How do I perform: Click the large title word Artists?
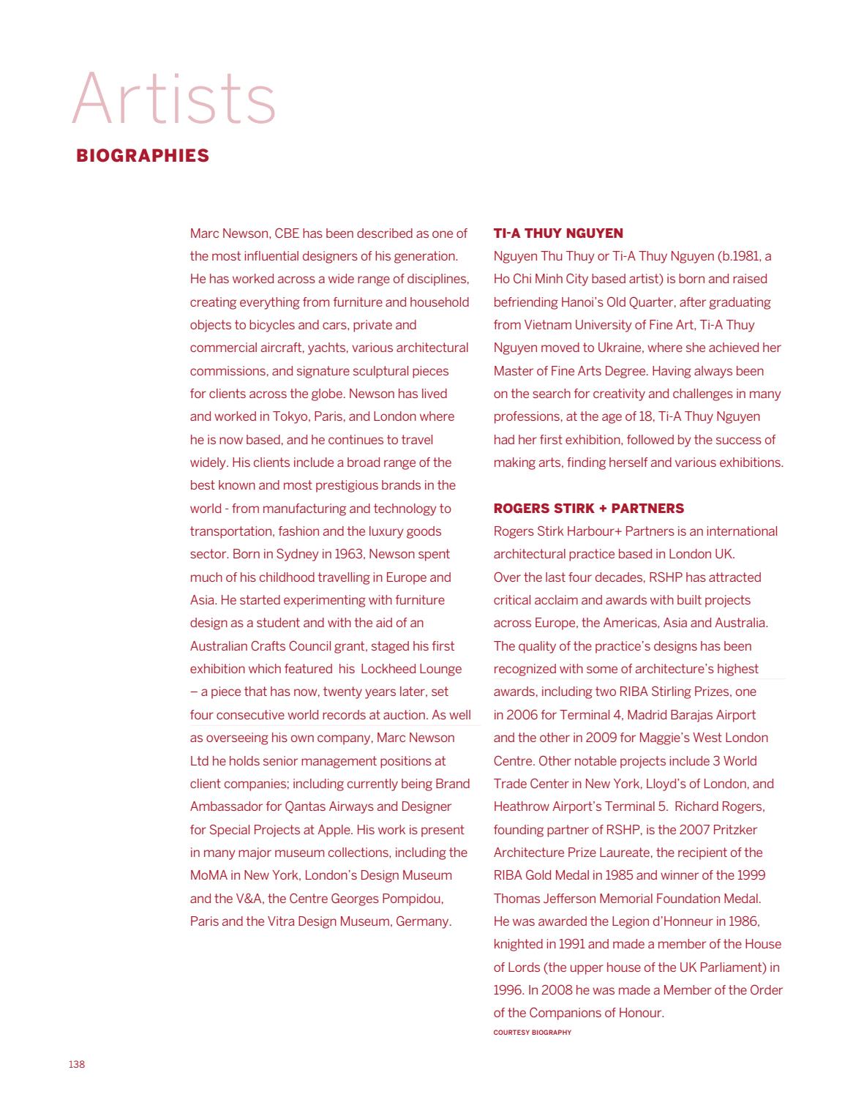[x=174, y=99]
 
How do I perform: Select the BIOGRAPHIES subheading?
[x=143, y=156]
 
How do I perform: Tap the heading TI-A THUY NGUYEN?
[x=558, y=233]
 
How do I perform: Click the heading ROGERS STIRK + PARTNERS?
[x=589, y=509]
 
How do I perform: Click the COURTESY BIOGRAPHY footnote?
[x=532, y=1033]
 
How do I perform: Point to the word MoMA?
[x=208, y=875]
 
